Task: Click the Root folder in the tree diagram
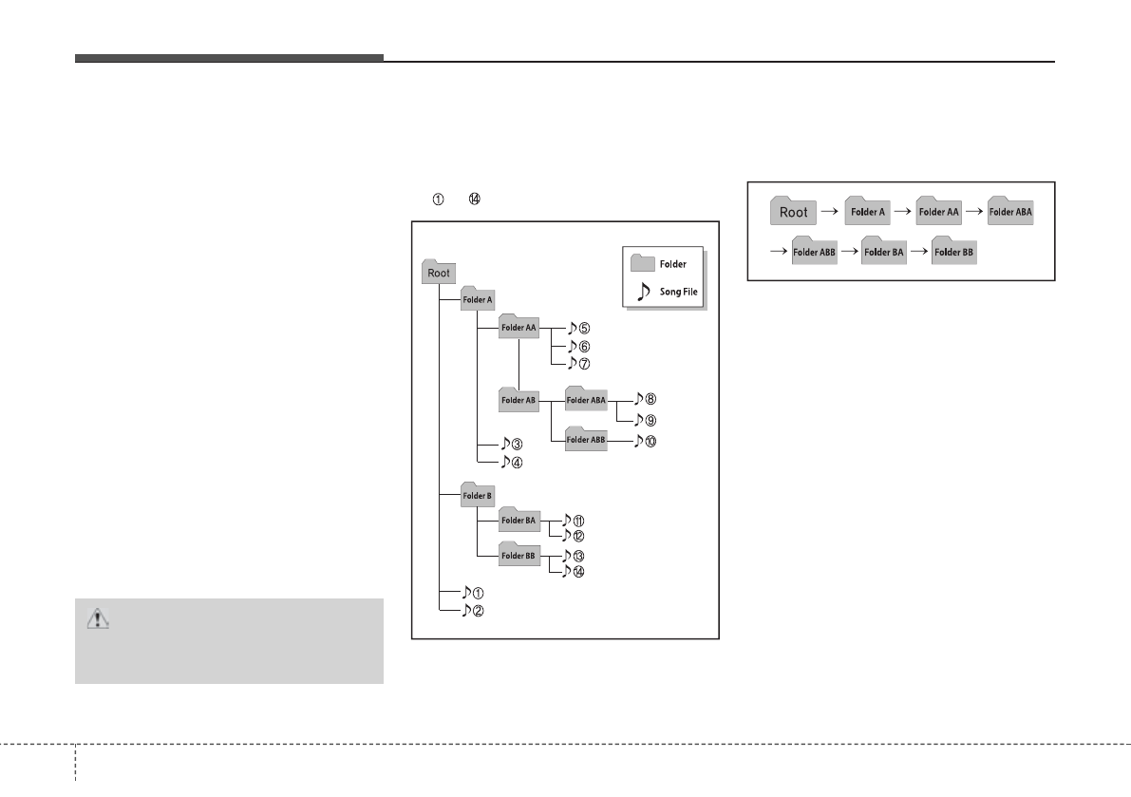coord(439,272)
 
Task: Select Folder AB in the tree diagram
coord(518,400)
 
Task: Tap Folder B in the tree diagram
coord(477,495)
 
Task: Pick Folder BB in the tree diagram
coord(518,556)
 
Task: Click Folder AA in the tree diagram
coord(518,328)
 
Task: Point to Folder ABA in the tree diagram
coord(585,400)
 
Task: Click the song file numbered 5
coord(578,329)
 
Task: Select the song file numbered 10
coord(645,441)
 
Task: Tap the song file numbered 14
coord(573,571)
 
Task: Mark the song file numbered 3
coord(513,444)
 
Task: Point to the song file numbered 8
coord(645,401)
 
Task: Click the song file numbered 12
coord(573,536)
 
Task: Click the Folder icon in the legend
coord(643,263)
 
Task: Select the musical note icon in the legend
coord(643,291)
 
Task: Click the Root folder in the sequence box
coord(793,212)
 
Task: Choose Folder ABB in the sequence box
coord(814,252)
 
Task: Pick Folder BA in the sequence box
coord(884,252)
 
